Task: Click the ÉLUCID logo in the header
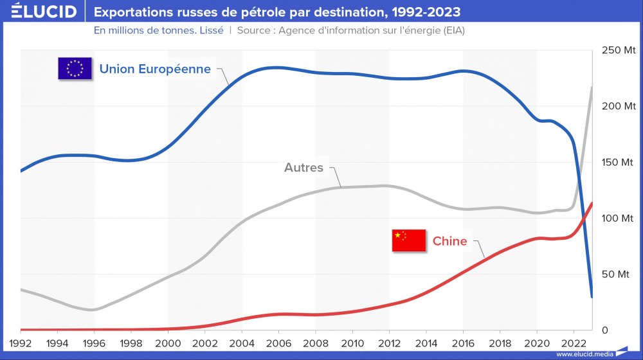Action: click(x=39, y=12)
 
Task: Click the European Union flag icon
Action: click(x=75, y=68)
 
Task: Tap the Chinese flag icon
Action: click(x=409, y=240)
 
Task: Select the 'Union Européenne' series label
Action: click(x=155, y=69)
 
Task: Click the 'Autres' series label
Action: click(x=303, y=168)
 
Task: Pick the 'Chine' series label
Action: click(x=450, y=241)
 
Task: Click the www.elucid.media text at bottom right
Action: click(x=584, y=354)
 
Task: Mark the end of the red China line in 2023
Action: click(x=592, y=203)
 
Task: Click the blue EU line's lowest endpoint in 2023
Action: click(x=592, y=297)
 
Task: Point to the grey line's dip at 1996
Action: click(x=93, y=310)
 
